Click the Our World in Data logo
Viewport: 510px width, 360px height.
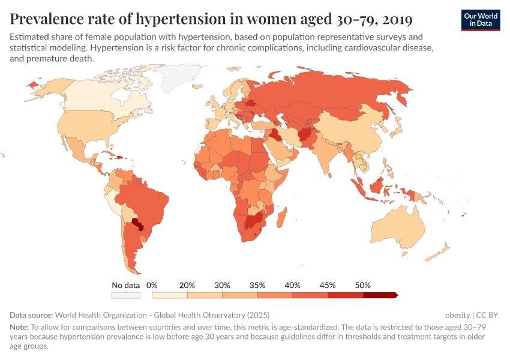tap(481, 19)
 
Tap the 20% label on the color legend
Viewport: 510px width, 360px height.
tap(187, 285)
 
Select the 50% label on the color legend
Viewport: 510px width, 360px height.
tap(363, 285)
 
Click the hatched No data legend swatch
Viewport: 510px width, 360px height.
tap(126, 295)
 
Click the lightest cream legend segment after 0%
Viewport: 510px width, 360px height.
tap(170, 295)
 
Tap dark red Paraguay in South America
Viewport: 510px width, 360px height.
tap(138, 224)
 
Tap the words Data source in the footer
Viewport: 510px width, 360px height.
tap(31, 314)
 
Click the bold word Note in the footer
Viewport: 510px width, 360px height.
tap(19, 328)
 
